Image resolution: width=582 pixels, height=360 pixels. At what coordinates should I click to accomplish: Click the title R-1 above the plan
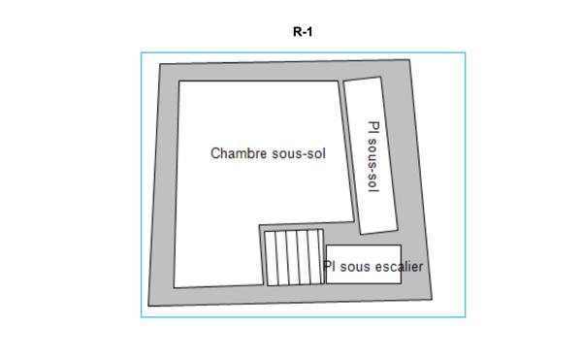pyautogui.click(x=302, y=31)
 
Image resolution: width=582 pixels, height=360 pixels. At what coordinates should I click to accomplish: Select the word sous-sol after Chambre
pyautogui.click(x=298, y=153)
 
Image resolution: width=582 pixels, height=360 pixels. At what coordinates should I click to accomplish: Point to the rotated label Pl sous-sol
pyautogui.click(x=373, y=156)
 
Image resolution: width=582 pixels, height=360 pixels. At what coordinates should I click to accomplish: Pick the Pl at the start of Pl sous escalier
pyautogui.click(x=330, y=265)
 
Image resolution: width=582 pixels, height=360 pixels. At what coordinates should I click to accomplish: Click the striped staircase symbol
pyautogui.click(x=295, y=256)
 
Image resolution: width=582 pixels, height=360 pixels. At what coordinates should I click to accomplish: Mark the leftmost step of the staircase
pyautogui.click(x=273, y=257)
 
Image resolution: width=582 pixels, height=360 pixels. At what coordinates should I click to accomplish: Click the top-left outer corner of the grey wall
pyautogui.click(x=159, y=66)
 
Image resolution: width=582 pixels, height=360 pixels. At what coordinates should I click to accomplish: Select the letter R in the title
pyautogui.click(x=297, y=31)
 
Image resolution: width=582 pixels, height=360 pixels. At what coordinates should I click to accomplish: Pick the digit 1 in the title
pyautogui.click(x=308, y=31)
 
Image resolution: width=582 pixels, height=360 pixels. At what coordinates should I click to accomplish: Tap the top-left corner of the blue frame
pyautogui.click(x=142, y=53)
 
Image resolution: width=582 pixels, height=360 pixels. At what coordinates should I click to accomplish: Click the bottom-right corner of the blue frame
pyautogui.click(x=465, y=316)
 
